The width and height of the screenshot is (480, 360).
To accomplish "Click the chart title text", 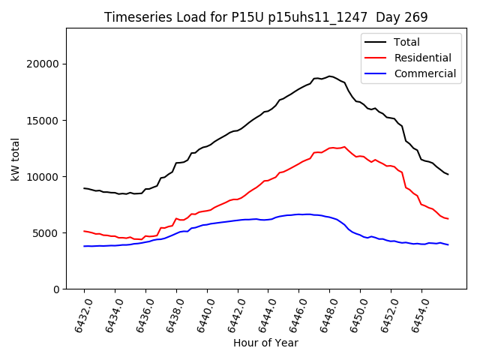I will (255, 17).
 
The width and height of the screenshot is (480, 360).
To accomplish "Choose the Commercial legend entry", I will (424, 73).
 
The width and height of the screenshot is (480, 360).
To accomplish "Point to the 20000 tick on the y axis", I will (45, 64).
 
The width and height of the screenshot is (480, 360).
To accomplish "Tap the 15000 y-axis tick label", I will (45, 120).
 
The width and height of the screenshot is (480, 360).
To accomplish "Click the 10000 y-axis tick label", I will (45, 176).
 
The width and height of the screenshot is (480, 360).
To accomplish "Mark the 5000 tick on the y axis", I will (48, 232).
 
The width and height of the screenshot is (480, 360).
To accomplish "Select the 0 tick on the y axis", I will (57, 289).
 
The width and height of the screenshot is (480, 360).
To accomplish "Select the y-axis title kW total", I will (15, 158).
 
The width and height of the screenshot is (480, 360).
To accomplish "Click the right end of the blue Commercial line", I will (448, 244).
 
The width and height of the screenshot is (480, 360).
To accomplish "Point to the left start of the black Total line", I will (84, 188).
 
